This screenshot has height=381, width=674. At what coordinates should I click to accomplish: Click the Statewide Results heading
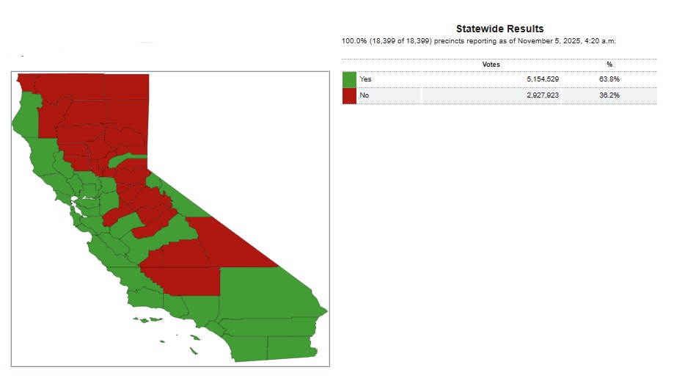click(499, 29)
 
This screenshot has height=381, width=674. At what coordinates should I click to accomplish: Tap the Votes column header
click(491, 65)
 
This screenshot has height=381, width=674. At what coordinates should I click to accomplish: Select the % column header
click(609, 65)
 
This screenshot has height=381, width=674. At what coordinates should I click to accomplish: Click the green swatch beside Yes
click(349, 79)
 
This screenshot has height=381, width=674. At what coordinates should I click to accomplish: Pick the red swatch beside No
click(349, 96)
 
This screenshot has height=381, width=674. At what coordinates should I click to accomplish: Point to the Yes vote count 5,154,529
click(543, 79)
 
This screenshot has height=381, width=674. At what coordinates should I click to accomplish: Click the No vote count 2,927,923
click(543, 95)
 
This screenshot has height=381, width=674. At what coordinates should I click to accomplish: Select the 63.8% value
click(609, 79)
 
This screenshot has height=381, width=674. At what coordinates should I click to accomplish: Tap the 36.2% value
click(609, 95)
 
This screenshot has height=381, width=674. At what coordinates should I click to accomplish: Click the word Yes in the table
click(365, 79)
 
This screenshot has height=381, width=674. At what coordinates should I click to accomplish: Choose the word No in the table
click(364, 95)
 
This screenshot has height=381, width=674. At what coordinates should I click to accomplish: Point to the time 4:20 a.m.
click(600, 41)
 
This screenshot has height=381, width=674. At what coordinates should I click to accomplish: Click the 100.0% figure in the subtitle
click(354, 41)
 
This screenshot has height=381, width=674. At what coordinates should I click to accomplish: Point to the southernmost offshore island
click(194, 352)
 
